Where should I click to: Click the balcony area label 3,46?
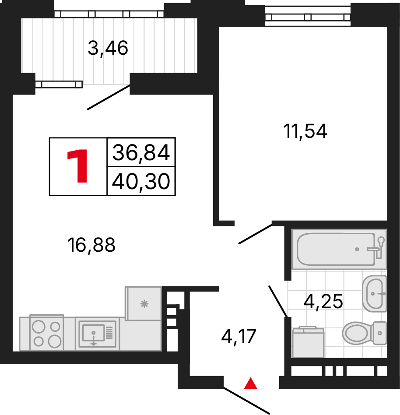click(x=108, y=48)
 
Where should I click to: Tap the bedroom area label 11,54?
click(x=305, y=131)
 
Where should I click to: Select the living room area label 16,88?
click(x=91, y=245)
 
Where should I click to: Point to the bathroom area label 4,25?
click(x=323, y=302)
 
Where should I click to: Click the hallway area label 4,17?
click(x=239, y=337)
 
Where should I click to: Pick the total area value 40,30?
click(x=141, y=181)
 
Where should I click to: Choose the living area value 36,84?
click(x=141, y=152)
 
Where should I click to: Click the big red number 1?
click(x=77, y=166)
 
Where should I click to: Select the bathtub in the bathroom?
click(x=339, y=249)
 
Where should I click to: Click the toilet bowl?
click(x=364, y=333)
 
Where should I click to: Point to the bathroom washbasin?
click(x=374, y=293)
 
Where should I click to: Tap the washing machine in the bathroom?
click(x=308, y=342)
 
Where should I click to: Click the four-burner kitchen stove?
click(x=46, y=333)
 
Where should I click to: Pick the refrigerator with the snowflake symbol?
click(x=143, y=303)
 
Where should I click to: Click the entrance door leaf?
click(x=246, y=401)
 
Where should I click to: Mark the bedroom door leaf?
click(x=255, y=234)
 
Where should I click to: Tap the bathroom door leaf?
click(x=278, y=301)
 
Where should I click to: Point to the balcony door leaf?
click(x=109, y=97)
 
